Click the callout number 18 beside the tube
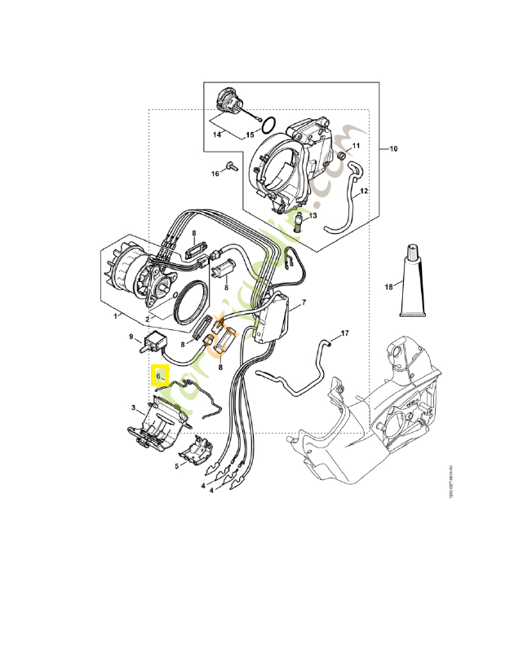389,287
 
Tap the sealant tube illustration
413,279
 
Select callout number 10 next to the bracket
392,149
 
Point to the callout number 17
344,333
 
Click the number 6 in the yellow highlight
159,377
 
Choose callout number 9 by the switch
131,336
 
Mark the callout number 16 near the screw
216,174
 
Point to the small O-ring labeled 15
266,124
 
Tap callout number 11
355,146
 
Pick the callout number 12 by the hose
365,191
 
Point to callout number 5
176,466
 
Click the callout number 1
116,315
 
